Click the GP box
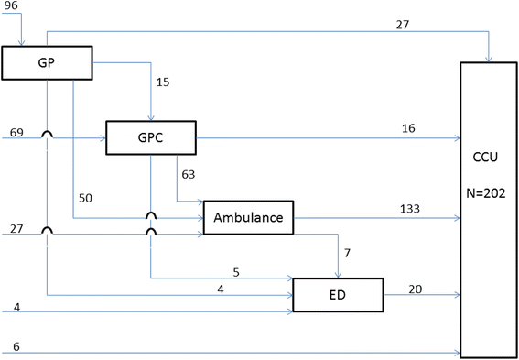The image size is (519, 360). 48,63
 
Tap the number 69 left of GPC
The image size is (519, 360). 16,134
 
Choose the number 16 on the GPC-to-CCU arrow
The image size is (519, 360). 407,128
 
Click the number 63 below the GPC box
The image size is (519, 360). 189,173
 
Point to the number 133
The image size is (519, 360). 410,208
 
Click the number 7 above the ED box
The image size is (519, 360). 347,251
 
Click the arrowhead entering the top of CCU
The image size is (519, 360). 491,60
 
